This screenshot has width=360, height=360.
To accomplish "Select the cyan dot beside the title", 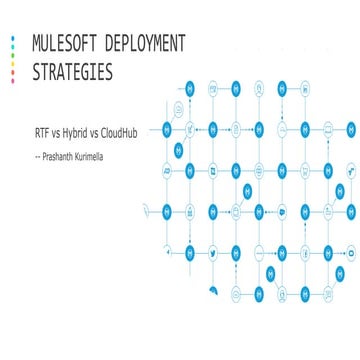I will (13, 43).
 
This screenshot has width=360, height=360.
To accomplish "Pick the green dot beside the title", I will (13, 52).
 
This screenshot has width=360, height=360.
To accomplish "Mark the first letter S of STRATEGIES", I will (38, 71).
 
